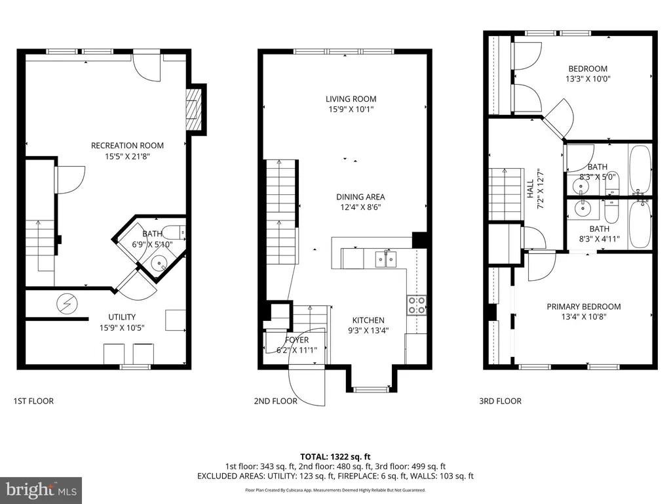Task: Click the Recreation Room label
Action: (x=127, y=146)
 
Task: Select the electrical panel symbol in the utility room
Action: (x=67, y=304)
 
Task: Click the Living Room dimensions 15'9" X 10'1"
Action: (x=351, y=110)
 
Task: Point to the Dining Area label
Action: (x=360, y=197)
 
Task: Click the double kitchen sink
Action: (x=385, y=259)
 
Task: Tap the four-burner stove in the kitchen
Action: (x=416, y=304)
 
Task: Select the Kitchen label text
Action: (x=368, y=320)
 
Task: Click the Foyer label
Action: (x=297, y=340)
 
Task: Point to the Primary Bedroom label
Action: (x=584, y=307)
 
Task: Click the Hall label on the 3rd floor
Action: (x=531, y=188)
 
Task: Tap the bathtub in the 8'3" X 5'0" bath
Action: (x=640, y=170)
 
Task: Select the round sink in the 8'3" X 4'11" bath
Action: (x=582, y=209)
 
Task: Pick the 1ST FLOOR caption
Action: (x=33, y=401)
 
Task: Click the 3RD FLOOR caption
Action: (x=500, y=401)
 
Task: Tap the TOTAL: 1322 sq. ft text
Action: (x=335, y=457)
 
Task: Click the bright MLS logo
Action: (x=41, y=490)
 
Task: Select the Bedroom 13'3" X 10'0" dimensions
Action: (x=588, y=79)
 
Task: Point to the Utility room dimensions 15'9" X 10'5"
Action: (x=122, y=328)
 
